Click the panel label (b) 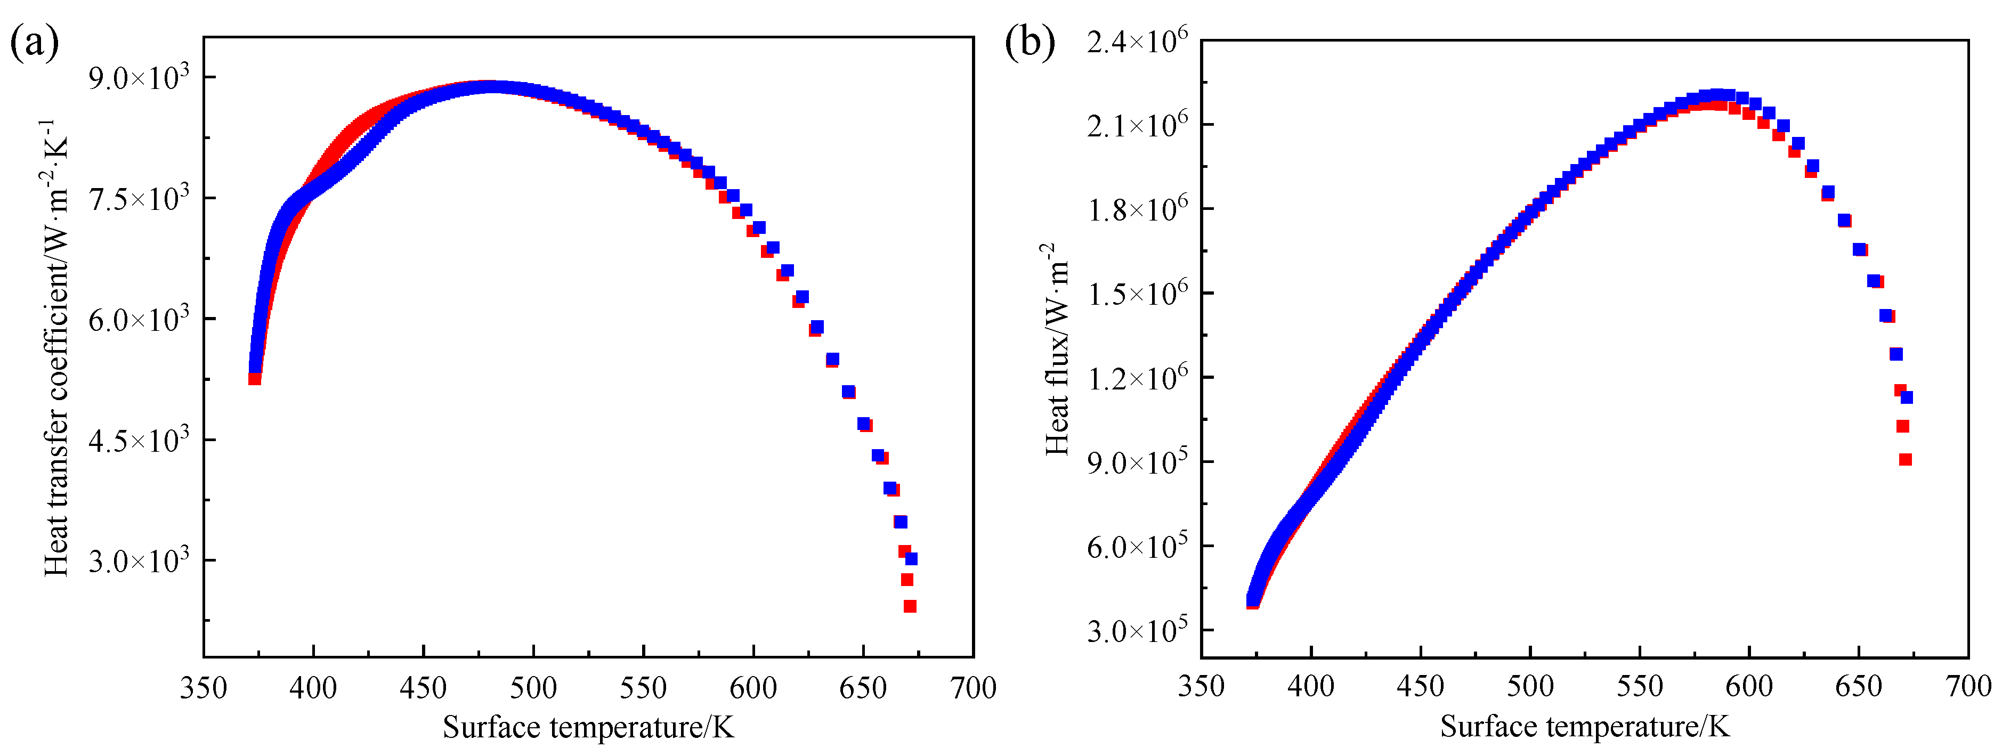point(1030,42)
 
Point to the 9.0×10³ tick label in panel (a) point(139,78)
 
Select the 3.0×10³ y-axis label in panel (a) point(139,560)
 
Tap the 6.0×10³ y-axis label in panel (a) point(139,319)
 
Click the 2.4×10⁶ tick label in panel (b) point(1136,41)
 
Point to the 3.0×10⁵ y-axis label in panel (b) point(1136,631)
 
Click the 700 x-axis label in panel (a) point(973,688)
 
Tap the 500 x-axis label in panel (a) point(533,688)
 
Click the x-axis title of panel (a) point(588,728)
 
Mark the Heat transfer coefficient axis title point(56,347)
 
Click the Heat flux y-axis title point(1057,349)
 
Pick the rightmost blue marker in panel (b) point(1907,397)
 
